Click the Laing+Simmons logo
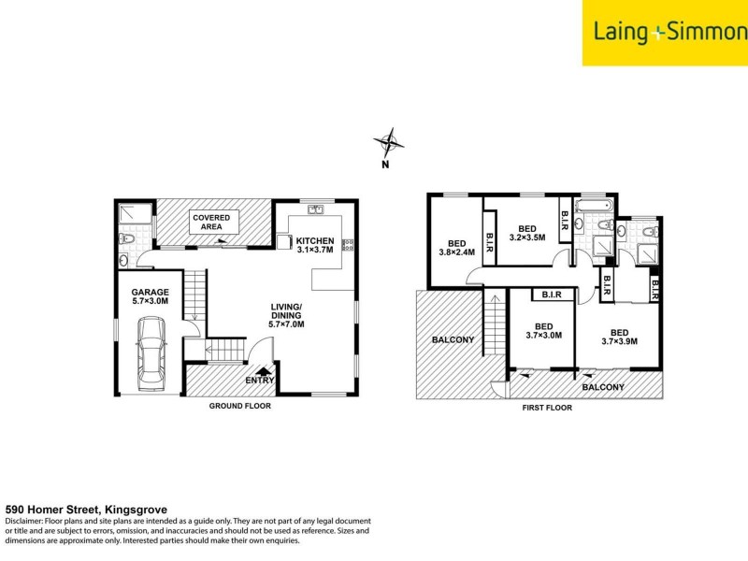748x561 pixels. (665, 33)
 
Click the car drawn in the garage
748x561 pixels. (151, 352)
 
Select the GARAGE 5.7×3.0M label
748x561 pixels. (150, 296)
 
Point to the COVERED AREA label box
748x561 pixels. (211, 222)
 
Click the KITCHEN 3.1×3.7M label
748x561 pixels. (315, 245)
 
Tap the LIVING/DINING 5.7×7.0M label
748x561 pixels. (286, 316)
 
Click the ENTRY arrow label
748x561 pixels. (260, 378)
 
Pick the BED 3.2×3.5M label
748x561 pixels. (526, 233)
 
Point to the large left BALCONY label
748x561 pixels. (452, 339)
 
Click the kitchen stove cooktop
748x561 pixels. (349, 246)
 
